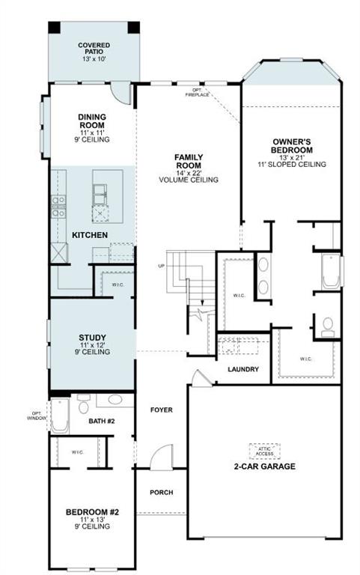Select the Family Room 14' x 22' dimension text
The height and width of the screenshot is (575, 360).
189,172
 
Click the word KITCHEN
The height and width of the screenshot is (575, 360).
90,236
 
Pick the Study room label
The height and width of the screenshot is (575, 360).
92,337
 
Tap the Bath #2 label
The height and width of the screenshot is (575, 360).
101,422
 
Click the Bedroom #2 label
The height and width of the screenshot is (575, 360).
92,513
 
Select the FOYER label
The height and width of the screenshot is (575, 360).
161,410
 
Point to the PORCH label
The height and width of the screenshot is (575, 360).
161,493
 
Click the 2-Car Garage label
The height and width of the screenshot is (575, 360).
263,466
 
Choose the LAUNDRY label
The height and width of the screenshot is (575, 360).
243,369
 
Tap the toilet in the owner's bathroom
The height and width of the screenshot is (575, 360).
328,326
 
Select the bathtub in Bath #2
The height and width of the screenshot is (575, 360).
61,417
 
